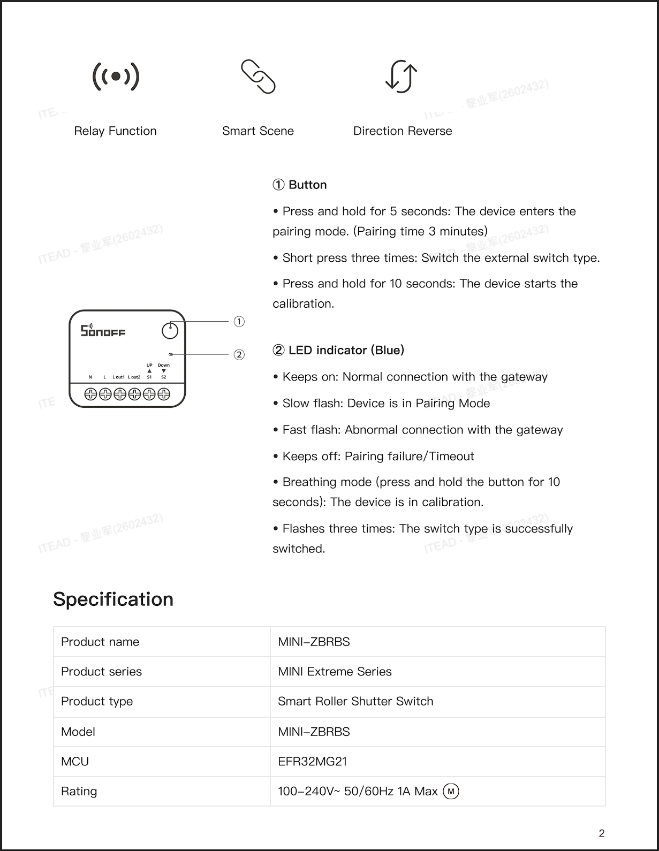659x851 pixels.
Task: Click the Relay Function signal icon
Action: point(116,77)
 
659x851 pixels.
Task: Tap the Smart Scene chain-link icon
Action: point(258,77)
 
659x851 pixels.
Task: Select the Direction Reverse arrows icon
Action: point(402,76)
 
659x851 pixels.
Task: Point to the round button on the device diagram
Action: point(170,331)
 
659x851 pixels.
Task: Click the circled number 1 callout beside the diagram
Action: point(239,322)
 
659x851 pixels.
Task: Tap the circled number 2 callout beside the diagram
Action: point(239,355)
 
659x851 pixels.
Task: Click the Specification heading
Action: point(113,599)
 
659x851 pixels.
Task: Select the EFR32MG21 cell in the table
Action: point(313,761)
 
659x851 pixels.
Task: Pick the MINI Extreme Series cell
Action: point(335,671)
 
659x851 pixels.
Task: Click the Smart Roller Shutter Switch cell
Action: point(355,701)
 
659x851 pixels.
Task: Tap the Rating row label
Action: point(79,791)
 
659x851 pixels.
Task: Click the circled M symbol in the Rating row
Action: point(451,792)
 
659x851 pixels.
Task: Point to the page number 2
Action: point(602,833)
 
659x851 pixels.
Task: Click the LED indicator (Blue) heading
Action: point(346,350)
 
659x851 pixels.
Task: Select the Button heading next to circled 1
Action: point(307,185)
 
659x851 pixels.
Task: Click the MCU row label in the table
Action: point(75,761)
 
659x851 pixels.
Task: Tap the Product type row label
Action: point(97,701)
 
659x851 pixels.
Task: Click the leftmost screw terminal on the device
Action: point(90,394)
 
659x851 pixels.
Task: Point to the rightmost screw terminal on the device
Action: point(164,394)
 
